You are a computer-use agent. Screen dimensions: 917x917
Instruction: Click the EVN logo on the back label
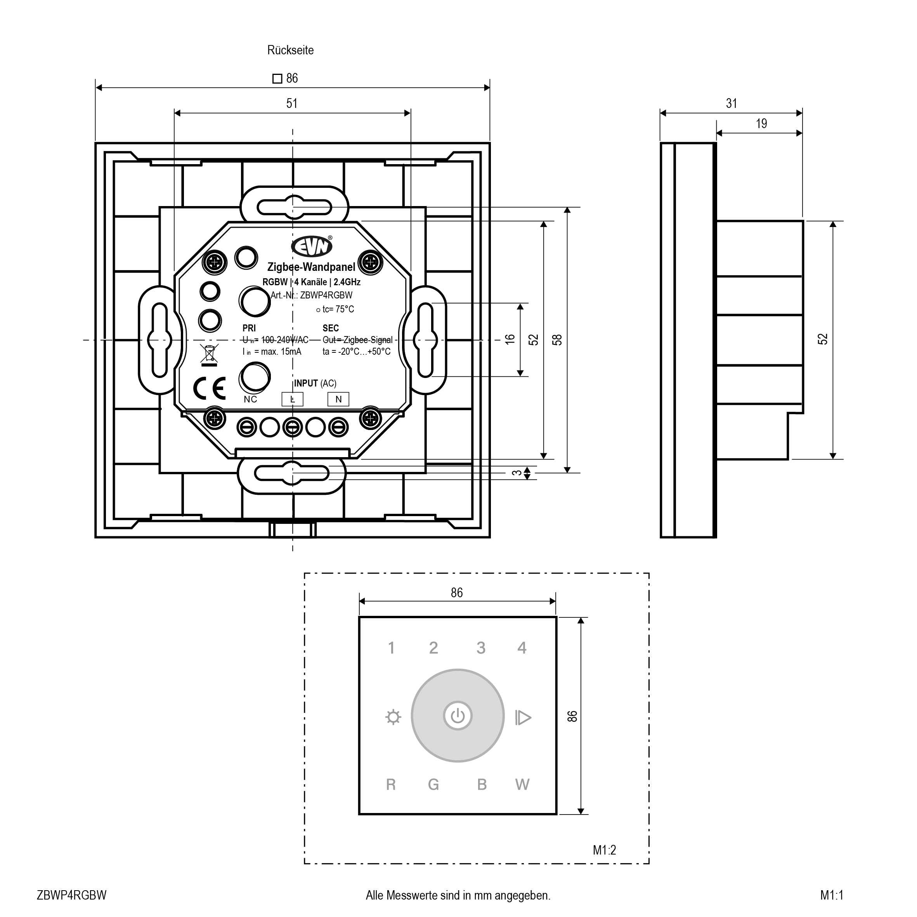(x=312, y=246)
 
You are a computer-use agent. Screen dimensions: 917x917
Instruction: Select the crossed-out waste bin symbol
(x=209, y=355)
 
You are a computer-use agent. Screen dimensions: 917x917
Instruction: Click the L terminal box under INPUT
(x=292, y=399)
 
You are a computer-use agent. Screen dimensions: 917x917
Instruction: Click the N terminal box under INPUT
(x=338, y=399)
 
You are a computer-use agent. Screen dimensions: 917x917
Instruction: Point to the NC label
(x=250, y=399)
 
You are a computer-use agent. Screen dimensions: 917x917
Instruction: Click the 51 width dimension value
(x=292, y=104)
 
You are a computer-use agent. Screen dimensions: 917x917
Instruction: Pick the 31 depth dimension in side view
(x=732, y=104)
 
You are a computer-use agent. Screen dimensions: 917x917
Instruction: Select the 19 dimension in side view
(x=761, y=124)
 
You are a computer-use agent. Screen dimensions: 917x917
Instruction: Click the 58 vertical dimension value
(x=557, y=340)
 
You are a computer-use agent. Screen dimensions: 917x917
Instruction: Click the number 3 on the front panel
(x=481, y=648)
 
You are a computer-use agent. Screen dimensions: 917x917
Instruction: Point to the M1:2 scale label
(x=604, y=850)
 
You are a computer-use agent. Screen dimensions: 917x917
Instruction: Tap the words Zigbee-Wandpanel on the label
(x=311, y=268)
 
